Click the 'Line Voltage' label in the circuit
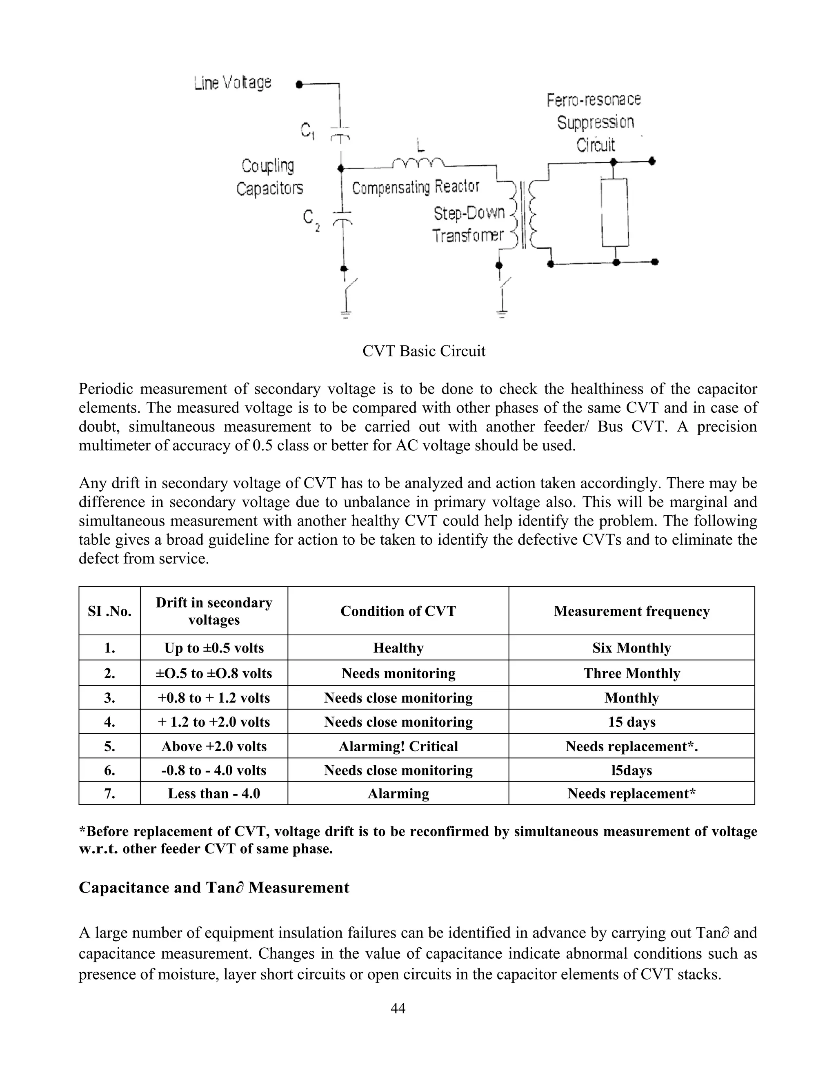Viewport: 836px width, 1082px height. (233, 83)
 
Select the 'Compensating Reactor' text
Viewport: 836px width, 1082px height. (416, 187)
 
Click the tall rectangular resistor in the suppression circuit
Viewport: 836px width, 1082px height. (615, 212)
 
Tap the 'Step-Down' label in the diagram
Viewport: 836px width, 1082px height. (469, 213)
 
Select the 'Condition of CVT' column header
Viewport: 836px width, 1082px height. (398, 611)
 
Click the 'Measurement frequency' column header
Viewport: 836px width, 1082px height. (631, 611)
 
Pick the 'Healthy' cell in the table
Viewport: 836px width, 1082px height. (398, 648)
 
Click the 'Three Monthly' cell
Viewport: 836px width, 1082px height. (631, 673)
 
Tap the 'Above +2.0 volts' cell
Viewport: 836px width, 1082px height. (214, 746)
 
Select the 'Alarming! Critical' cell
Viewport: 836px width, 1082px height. (398, 746)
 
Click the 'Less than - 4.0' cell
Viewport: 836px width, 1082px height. (214, 793)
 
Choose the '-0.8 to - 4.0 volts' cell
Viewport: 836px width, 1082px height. (214, 770)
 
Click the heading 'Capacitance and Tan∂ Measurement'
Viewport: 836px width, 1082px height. (214, 887)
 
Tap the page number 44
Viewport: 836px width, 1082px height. (398, 1008)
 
